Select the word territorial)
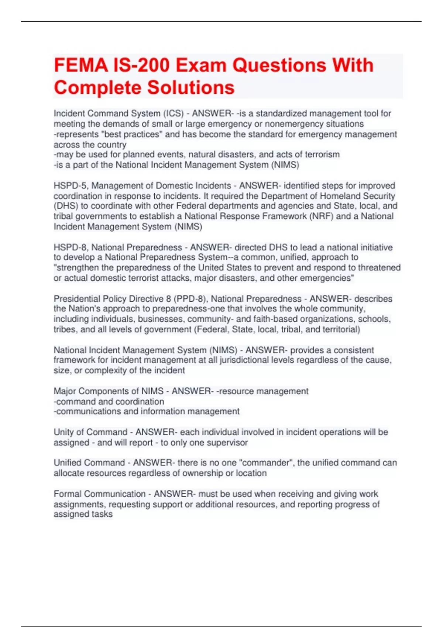tap(341, 329)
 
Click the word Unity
tap(63, 432)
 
